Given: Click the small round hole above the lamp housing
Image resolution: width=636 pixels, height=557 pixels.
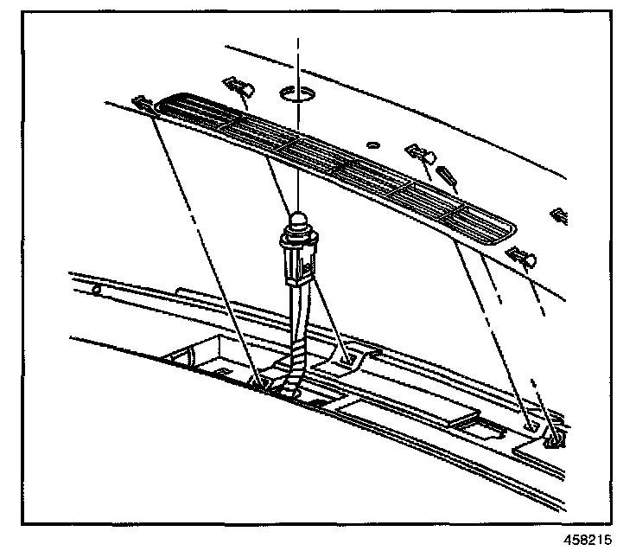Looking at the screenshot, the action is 372,144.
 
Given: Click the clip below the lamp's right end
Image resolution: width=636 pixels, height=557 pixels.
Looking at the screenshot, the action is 523,256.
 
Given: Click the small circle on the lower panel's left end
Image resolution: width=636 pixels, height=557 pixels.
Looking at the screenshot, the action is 96,288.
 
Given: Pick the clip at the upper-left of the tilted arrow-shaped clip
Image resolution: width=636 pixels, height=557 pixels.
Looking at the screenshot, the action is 421,155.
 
